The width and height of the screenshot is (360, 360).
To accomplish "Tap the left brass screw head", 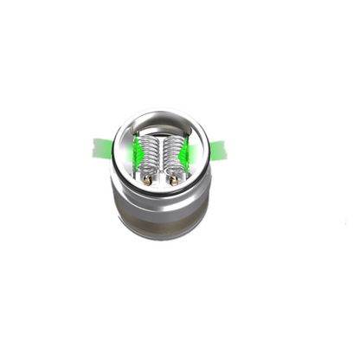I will (x=150, y=181).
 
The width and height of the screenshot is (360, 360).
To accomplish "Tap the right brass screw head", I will (x=174, y=181).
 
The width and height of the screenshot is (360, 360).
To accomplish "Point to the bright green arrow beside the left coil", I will (x=137, y=154).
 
